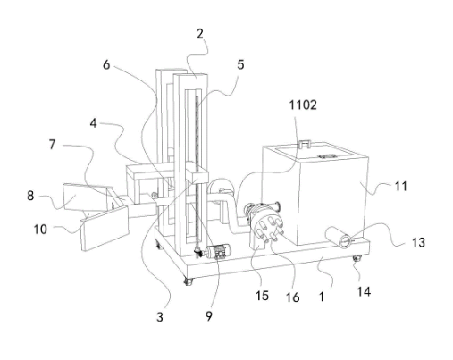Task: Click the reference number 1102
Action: pos(303,105)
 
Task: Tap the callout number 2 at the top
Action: pos(200,34)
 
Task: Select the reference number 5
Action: pos(240,64)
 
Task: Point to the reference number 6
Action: pos(106,64)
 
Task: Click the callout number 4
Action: pos(94,123)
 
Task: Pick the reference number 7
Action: pos(52,145)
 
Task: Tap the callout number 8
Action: pos(30,196)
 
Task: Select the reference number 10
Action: pos(40,230)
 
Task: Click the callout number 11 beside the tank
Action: pos(401,187)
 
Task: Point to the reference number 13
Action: pos(418,242)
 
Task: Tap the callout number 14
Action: pos(364,291)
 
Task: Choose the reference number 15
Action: pos(262,296)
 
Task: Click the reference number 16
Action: pos(292,297)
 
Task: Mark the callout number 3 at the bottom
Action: pos(160,317)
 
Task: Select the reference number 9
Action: pos(209,316)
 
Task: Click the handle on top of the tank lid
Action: pos(305,144)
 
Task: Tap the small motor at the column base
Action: pos(218,252)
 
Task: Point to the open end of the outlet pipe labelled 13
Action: pos(346,241)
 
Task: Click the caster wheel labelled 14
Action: pos(357,258)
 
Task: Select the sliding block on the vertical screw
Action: pos(197,177)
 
